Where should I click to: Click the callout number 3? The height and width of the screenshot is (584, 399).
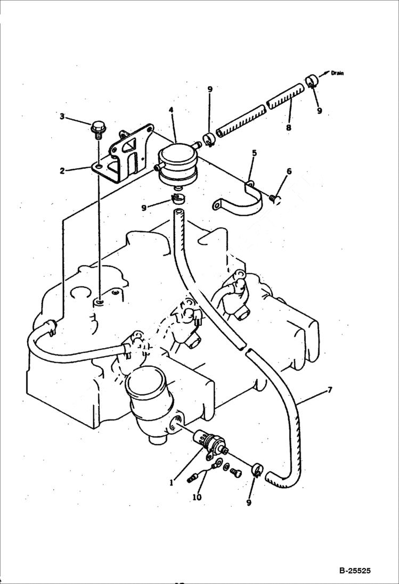pos(62,116)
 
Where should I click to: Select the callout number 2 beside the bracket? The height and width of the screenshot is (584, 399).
pos(62,171)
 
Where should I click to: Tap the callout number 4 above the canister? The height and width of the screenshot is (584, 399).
pos(171,110)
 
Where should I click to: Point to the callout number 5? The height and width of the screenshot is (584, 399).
pos(254,153)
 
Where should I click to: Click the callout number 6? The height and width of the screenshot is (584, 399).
pos(289,171)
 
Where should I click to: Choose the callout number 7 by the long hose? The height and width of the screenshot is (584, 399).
pos(330,390)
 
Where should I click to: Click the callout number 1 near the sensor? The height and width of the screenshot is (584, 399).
pos(172,483)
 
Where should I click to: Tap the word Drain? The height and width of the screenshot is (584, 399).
pos(337,73)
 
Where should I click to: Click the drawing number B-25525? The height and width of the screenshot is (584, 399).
pos(354,571)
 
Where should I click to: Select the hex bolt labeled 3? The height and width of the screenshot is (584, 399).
pos(97,128)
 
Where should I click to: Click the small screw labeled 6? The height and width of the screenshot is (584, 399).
pos(275,199)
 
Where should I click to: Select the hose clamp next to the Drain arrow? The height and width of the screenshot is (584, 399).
pos(312,81)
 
